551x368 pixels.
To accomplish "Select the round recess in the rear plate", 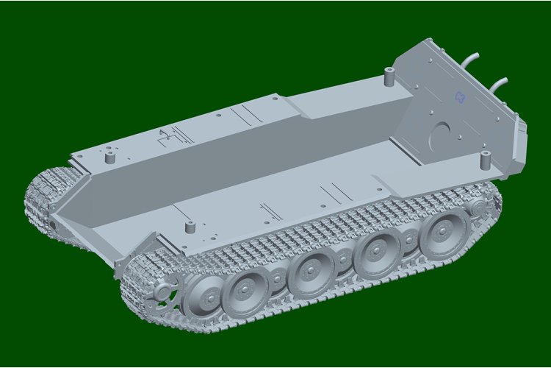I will [x=440, y=136].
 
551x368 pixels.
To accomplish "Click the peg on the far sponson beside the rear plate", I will [x=389, y=75].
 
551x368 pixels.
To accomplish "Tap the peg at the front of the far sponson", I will [x=110, y=155].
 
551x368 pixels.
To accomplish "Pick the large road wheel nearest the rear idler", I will [x=445, y=233].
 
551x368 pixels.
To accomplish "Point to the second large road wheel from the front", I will [x=246, y=287].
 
